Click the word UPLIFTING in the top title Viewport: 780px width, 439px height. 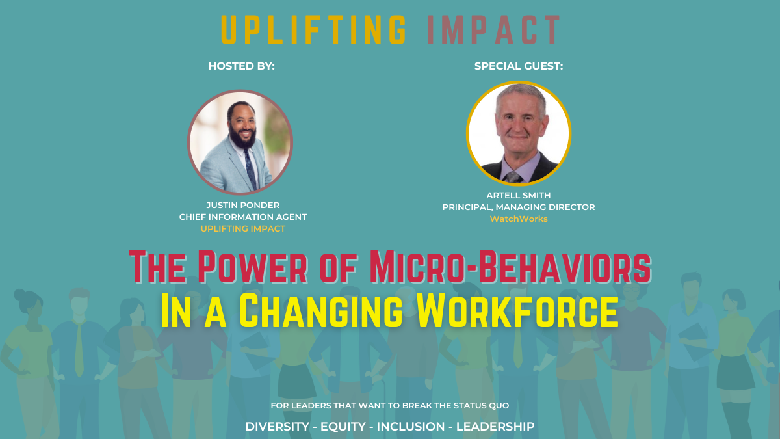coord(314,29)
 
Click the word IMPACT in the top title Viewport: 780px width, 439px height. coord(493,29)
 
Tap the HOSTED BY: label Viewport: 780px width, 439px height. coord(242,66)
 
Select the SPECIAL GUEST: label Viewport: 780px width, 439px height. coord(519,66)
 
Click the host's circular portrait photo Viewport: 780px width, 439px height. coord(240,142)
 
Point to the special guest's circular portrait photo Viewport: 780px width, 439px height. coord(519,133)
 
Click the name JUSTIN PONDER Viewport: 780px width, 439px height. coord(242,206)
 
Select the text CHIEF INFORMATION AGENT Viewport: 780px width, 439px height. coord(242,217)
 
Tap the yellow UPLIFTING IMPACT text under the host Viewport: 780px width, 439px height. coord(242,229)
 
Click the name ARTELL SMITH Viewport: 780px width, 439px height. coord(518,195)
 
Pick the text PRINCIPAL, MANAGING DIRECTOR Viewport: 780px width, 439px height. coord(518,207)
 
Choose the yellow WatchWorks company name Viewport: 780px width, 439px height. coord(518,219)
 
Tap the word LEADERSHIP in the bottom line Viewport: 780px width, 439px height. coord(495,427)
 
